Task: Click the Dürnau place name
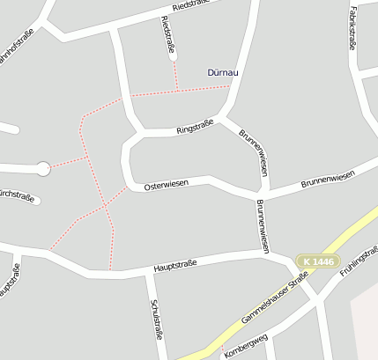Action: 223,73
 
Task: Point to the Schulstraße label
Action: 157,320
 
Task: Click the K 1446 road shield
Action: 316,261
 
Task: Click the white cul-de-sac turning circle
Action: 42,168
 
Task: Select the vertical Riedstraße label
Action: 167,34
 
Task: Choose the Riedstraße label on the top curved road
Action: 196,7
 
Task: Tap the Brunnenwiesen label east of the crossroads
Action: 327,180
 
